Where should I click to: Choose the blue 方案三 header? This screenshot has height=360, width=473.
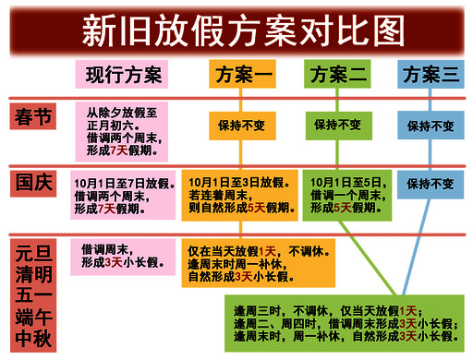click(431, 75)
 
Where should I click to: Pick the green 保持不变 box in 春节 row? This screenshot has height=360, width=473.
click(337, 124)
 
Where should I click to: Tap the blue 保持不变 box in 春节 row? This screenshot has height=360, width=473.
click(431, 126)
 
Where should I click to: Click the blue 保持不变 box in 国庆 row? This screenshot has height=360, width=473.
click(431, 184)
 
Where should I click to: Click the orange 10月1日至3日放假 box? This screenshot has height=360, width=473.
click(239, 195)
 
